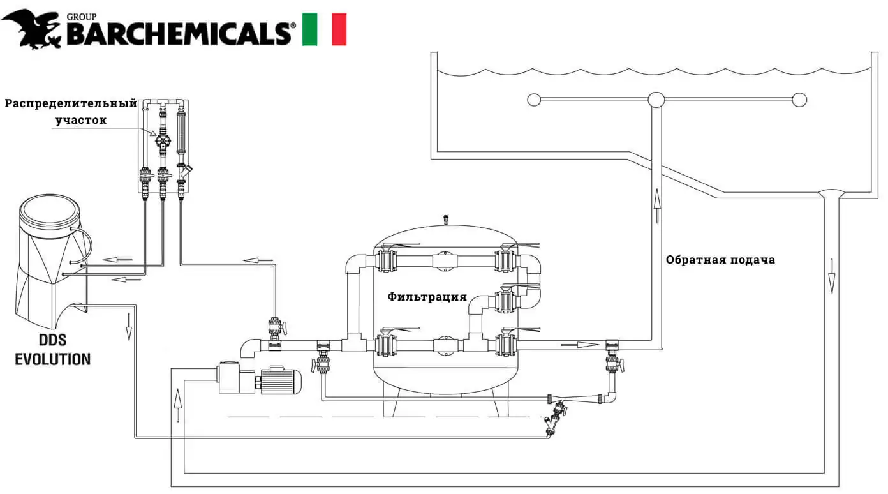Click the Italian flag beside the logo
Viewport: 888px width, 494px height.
click(x=324, y=29)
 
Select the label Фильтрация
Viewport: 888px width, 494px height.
click(x=427, y=297)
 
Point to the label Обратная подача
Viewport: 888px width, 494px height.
click(x=720, y=260)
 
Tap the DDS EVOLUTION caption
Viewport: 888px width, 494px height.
click(x=52, y=350)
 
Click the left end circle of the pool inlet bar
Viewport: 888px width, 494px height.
click(x=535, y=100)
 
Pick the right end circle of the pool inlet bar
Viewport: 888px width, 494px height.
click(x=799, y=100)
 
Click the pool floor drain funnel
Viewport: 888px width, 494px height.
click(x=831, y=193)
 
